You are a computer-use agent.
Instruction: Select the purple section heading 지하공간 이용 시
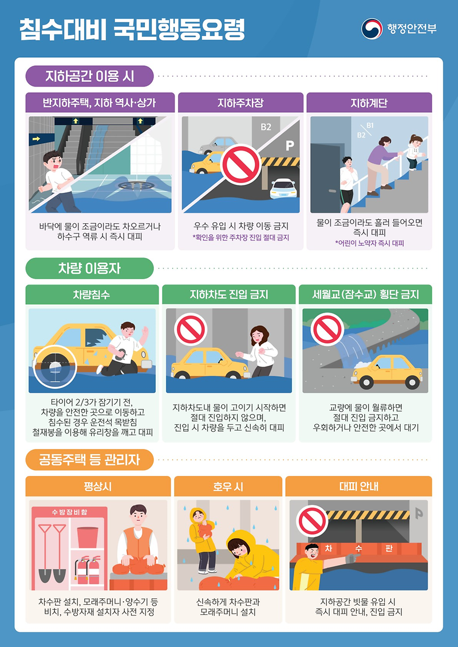click(x=89, y=75)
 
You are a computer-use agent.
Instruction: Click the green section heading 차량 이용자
click(x=89, y=268)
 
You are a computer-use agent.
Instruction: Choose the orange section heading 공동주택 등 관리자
click(x=89, y=459)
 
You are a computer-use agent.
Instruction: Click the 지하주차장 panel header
click(x=240, y=103)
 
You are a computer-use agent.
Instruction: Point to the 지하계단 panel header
click(x=369, y=103)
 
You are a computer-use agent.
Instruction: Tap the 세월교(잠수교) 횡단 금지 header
click(x=365, y=295)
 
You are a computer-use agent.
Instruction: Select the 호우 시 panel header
click(x=228, y=487)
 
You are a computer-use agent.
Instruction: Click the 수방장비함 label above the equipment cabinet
click(x=69, y=511)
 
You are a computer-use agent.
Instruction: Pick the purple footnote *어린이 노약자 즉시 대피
click(x=369, y=243)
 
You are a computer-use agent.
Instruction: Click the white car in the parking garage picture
click(x=283, y=188)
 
